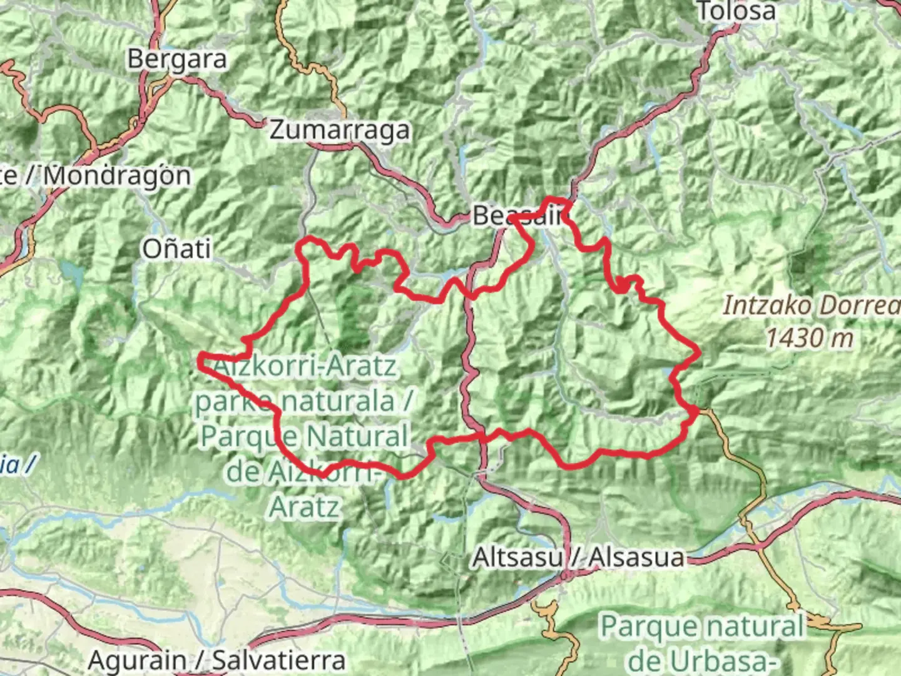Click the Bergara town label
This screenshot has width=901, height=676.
[x=176, y=59]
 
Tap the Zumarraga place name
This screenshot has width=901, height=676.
[x=340, y=130]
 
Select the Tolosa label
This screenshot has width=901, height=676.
[x=736, y=11]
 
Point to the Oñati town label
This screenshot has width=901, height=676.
[x=176, y=249]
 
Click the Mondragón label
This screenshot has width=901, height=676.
[x=117, y=175]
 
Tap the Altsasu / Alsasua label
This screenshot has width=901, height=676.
[x=578, y=556]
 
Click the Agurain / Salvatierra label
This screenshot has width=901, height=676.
[x=216, y=660]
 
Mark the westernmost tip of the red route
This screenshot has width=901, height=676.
[x=200, y=359]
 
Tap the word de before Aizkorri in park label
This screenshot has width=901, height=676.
[x=242, y=472]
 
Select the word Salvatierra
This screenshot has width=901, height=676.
[x=278, y=660]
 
